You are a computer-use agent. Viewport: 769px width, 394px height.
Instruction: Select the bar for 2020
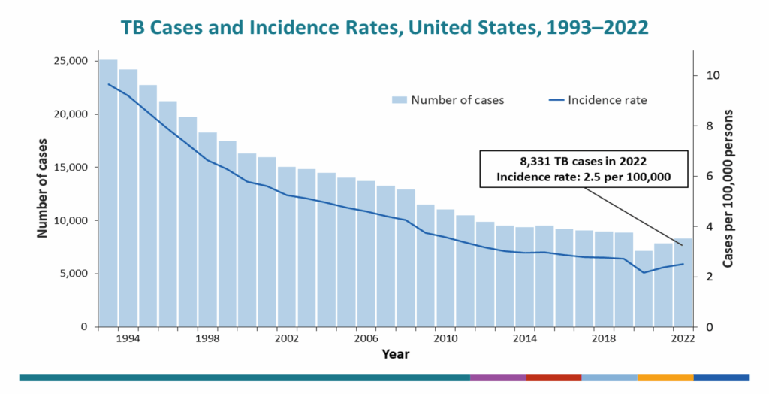tap(644, 289)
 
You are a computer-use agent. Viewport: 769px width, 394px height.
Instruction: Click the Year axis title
tap(395, 354)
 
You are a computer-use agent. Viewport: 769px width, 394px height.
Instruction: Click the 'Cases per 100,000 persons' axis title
tap(728, 188)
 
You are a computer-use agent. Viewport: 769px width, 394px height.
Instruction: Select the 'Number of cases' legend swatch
tap(399, 100)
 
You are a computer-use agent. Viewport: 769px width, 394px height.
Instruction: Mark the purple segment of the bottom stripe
tap(498, 377)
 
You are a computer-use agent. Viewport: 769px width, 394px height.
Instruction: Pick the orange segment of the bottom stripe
tap(665, 377)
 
